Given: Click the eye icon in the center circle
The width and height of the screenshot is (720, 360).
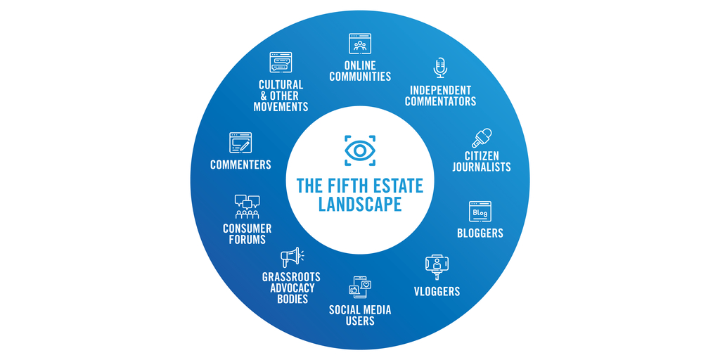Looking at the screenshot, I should (360, 150).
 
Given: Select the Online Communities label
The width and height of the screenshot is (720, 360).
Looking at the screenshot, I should (360, 71).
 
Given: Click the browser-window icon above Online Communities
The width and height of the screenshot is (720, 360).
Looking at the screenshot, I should (360, 44).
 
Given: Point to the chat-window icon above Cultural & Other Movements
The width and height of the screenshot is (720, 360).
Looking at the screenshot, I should (281, 63).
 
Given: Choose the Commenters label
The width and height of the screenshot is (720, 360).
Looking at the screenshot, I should (240, 165).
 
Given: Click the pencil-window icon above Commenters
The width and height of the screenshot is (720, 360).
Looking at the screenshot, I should (240, 143).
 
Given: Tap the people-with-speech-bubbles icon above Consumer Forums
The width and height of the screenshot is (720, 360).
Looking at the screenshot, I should (247, 207).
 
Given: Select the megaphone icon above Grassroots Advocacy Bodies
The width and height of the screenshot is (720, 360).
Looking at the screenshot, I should (290, 257).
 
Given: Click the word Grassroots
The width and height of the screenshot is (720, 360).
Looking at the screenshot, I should (291, 277).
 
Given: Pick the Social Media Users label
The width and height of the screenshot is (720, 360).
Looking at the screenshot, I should (360, 315).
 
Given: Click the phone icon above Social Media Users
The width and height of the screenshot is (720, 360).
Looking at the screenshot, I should (360, 287).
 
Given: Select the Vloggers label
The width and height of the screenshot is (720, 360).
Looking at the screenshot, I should (437, 291).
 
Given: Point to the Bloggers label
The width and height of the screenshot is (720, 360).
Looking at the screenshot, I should (480, 233).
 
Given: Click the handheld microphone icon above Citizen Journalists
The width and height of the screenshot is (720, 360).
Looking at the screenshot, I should (482, 137).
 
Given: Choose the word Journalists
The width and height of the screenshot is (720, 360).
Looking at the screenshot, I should (482, 167).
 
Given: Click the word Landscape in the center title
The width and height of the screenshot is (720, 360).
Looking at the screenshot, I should (360, 205).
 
